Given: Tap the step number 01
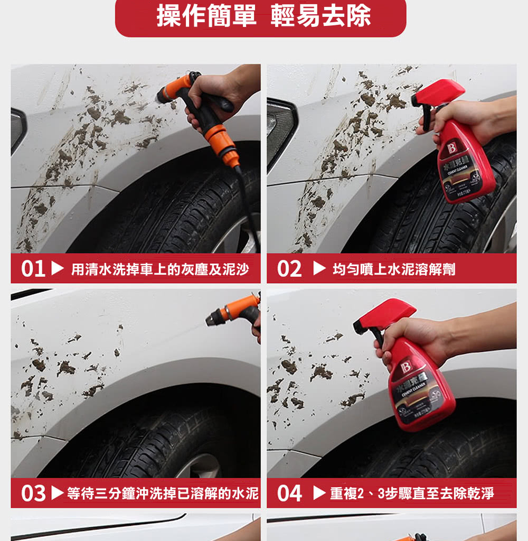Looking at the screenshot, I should click(x=33, y=269).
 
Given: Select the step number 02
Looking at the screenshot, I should click(x=289, y=269).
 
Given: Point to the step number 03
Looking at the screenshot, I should click(x=33, y=493).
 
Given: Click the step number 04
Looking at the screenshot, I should click(x=289, y=493).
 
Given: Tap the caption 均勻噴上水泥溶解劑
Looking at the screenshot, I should click(x=393, y=269).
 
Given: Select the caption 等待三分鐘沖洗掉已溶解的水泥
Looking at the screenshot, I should click(x=163, y=493).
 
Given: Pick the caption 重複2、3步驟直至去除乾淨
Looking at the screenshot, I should click(x=412, y=493).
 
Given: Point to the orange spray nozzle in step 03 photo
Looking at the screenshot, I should click(x=234, y=312).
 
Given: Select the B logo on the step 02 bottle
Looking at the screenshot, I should click(x=452, y=148).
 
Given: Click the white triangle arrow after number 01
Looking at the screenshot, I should click(x=57, y=269).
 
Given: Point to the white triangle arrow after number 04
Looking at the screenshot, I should click(x=319, y=493).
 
